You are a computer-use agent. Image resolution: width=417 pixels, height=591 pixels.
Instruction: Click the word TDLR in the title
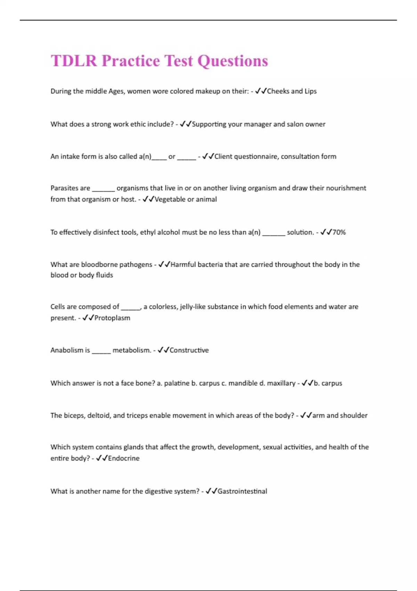pyautogui.click(x=74, y=61)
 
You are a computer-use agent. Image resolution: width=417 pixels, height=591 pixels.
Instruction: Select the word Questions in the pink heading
pyautogui.click(x=233, y=61)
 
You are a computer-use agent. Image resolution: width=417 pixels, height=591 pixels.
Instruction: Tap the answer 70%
pyautogui.click(x=339, y=232)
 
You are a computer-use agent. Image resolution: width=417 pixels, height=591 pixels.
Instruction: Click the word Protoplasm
pyautogui.click(x=112, y=318)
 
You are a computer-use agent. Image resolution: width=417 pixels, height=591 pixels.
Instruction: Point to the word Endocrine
pyautogui.click(x=124, y=458)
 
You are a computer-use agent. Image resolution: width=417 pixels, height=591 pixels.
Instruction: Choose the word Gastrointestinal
pyautogui.click(x=242, y=491)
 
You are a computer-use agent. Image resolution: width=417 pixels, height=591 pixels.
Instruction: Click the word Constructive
pyautogui.click(x=189, y=350)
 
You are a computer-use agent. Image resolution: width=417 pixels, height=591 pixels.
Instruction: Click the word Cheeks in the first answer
pyautogui.click(x=278, y=91)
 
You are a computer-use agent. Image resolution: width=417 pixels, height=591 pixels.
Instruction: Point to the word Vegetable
pyautogui.click(x=170, y=199)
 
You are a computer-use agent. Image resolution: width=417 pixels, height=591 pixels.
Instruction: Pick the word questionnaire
pyautogui.click(x=256, y=156)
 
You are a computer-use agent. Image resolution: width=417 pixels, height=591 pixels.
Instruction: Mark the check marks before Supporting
pyautogui.click(x=186, y=124)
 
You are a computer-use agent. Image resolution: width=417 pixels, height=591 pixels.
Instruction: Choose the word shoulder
pyautogui.click(x=353, y=415)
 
